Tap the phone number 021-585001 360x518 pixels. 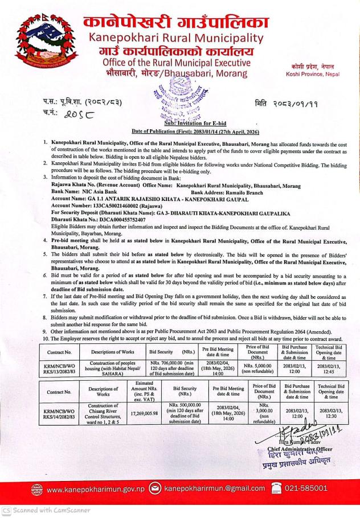tap(319, 488)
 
